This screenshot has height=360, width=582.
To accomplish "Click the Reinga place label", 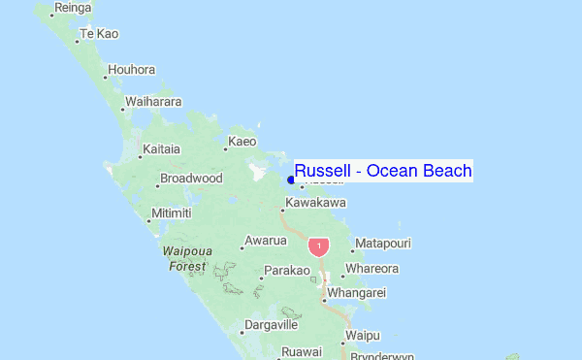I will pos(73,8).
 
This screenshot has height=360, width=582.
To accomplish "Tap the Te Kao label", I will pos(99,34).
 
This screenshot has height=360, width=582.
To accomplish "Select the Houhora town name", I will pos(132,70).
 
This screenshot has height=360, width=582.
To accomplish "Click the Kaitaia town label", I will pos(161,149).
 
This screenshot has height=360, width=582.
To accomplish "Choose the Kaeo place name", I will pos(242,142).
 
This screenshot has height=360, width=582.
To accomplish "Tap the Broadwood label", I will pos(191,179).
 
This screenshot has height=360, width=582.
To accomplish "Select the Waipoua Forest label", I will pos(187,258).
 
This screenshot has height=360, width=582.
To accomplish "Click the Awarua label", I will pos(266,241).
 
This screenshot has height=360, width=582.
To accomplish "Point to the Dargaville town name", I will pos(271,325).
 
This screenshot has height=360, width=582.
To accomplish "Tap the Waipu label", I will pos(361,336).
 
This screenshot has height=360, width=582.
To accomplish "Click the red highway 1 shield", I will pos(319,246).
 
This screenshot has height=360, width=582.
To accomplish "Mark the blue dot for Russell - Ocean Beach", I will pos(291,180).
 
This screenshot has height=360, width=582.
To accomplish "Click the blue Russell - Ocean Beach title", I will pos(383,172).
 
